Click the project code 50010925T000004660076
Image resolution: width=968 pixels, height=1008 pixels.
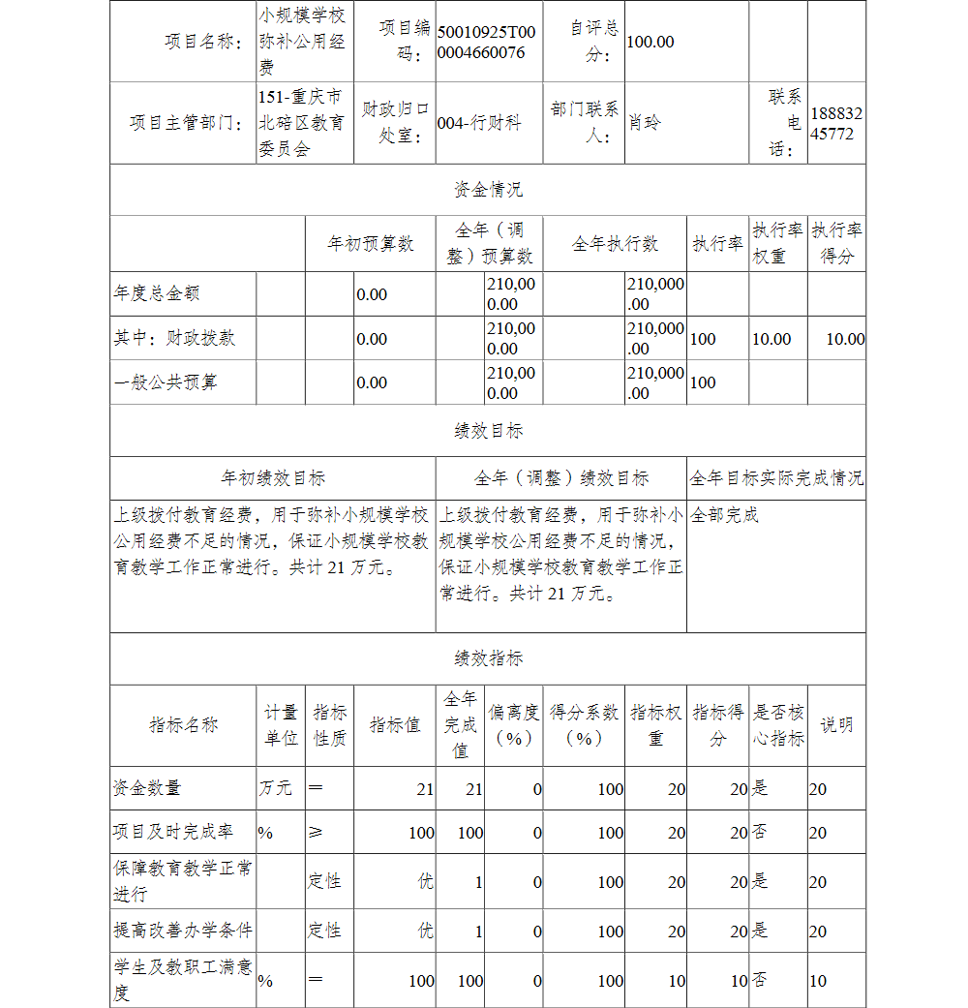click(x=486, y=42)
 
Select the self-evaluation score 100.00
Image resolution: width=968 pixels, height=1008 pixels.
click(x=650, y=42)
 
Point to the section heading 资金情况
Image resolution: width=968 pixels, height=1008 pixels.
click(x=488, y=190)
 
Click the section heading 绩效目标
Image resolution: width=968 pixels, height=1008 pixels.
click(x=488, y=431)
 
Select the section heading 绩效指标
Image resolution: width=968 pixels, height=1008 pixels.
click(x=488, y=658)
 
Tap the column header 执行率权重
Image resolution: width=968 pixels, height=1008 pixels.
click(x=778, y=243)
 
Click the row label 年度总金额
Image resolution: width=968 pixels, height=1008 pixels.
click(x=157, y=293)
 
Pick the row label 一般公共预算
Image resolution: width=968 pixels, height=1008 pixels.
click(x=166, y=382)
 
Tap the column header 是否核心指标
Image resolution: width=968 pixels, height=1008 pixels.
click(x=778, y=725)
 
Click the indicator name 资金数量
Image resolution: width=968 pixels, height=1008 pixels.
click(x=147, y=788)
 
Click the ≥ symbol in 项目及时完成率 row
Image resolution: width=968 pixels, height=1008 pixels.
click(x=316, y=833)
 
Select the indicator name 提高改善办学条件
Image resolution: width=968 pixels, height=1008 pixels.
click(x=183, y=931)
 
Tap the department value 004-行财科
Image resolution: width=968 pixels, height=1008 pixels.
click(x=479, y=123)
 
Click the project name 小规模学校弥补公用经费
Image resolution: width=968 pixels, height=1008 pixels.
click(x=301, y=42)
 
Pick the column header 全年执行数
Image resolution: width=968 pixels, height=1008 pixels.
click(x=615, y=243)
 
